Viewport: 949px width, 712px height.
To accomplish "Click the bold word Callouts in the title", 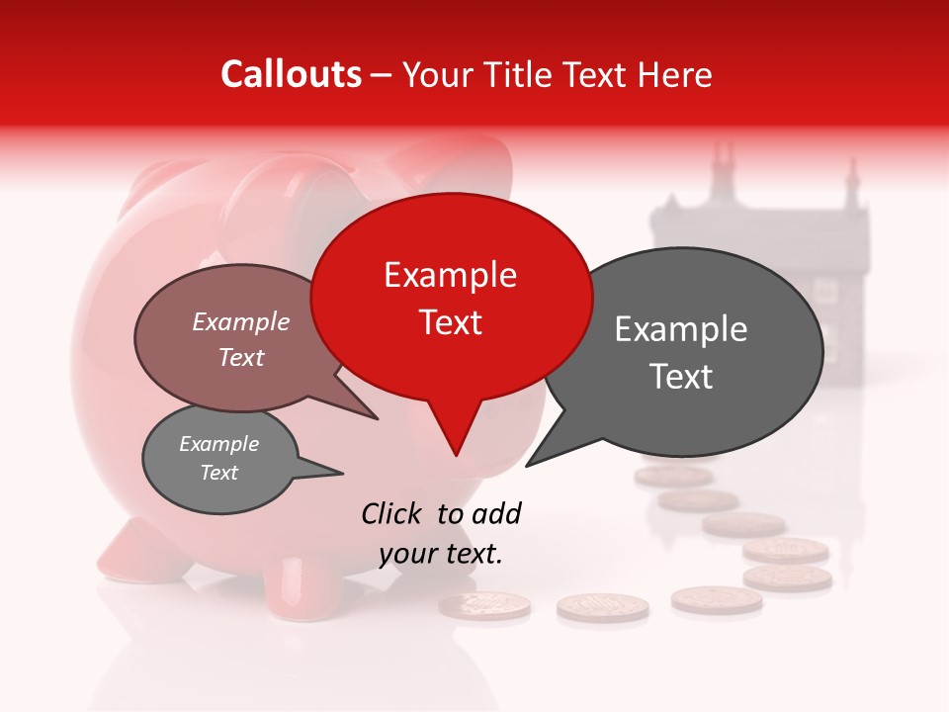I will [291, 74].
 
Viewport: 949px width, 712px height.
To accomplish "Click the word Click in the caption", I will [394, 513].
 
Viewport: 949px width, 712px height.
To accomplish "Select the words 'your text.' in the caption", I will [441, 554].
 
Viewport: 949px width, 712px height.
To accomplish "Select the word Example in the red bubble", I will [450, 275].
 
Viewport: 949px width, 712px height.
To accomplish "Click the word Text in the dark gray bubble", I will [681, 377].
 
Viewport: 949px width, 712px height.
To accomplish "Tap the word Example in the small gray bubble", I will [218, 444].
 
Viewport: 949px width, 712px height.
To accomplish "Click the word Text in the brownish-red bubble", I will [240, 357].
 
